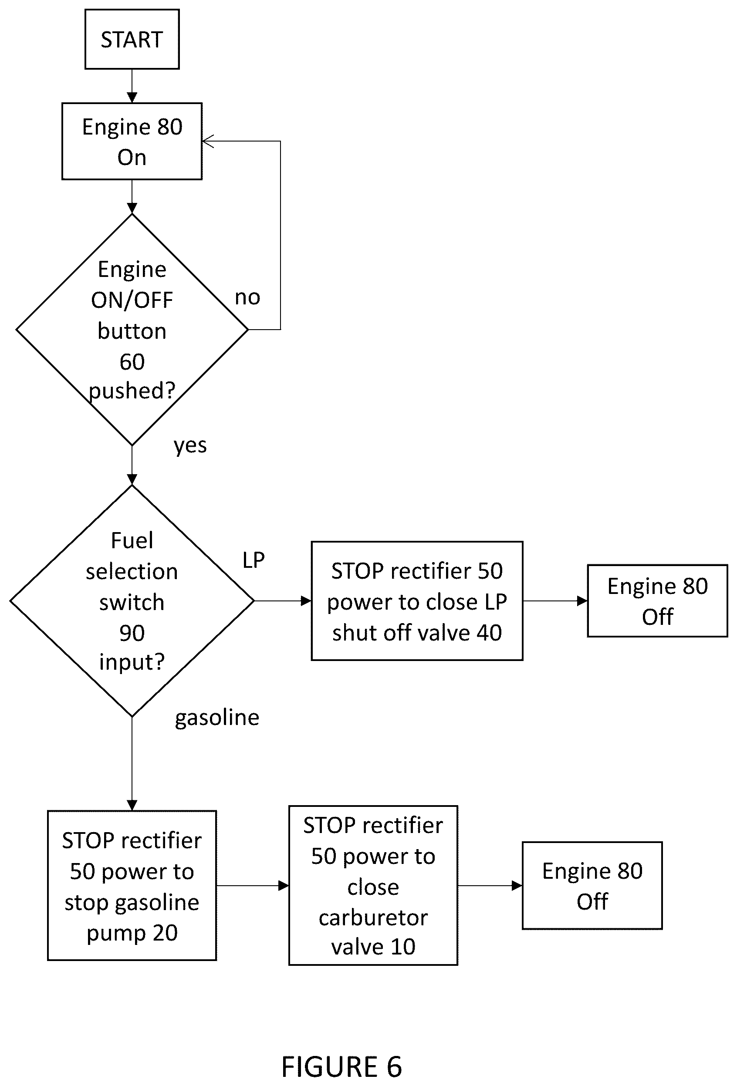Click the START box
point(132,39)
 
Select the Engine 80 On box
point(132,141)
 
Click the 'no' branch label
point(247,297)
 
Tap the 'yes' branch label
point(190,445)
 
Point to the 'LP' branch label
point(254,560)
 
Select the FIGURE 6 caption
point(341,1067)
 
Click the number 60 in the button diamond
point(132,362)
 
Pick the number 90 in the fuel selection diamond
point(132,633)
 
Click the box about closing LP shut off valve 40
point(417,601)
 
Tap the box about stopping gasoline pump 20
point(132,886)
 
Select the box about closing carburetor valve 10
point(373,886)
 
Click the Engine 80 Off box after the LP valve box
point(658,601)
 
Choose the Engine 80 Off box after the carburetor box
point(592,886)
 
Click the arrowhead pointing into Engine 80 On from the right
point(207,141)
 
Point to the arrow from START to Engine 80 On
point(132,86)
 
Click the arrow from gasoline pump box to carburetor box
point(252,886)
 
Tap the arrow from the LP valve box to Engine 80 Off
point(555,601)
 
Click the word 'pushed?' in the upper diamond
point(132,391)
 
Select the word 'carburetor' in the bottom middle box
point(373,918)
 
